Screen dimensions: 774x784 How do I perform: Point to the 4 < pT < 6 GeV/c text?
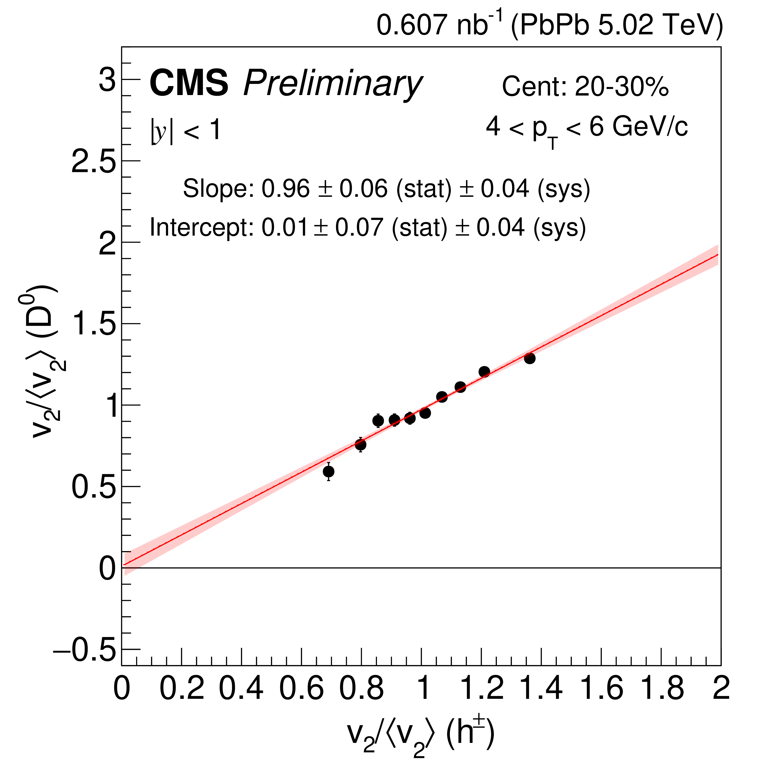tap(586, 128)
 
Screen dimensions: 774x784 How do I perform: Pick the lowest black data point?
tap(329, 472)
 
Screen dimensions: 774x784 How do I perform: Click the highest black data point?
tap(529, 358)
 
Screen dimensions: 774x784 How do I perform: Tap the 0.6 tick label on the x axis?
tap(302, 689)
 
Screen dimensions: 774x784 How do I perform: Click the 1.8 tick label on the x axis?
tap(661, 689)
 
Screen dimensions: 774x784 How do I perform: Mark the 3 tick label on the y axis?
tap(107, 80)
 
